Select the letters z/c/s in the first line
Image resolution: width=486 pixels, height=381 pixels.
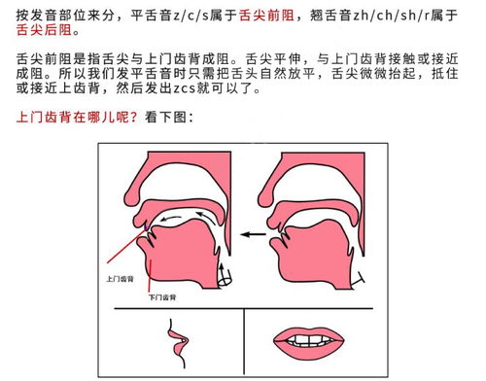[x=200, y=15]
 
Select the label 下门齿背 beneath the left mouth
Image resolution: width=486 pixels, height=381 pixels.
[x=161, y=294]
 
